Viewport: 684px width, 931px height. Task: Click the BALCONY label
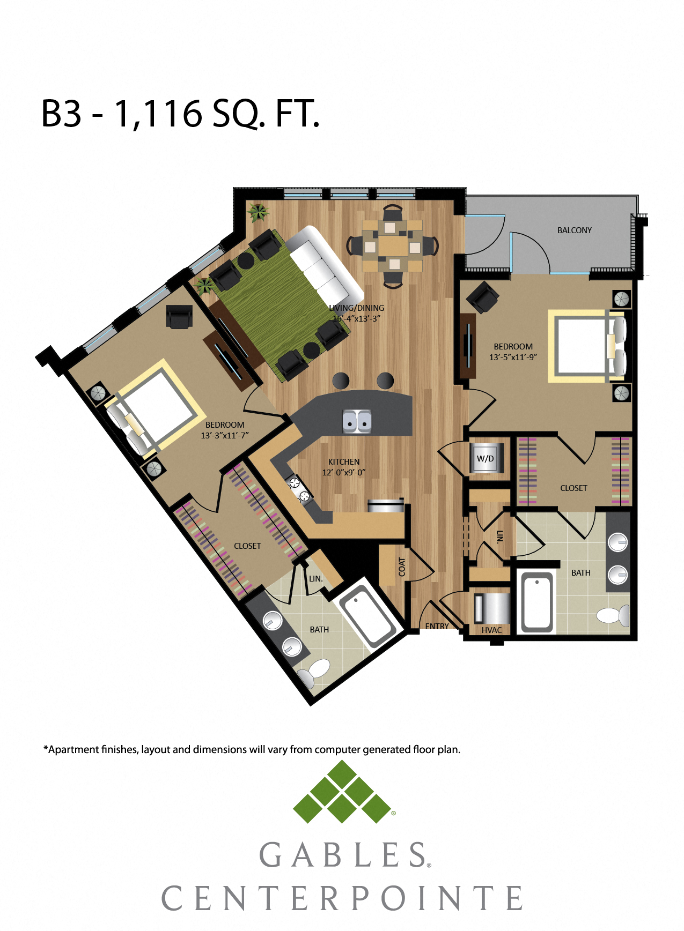[x=574, y=230]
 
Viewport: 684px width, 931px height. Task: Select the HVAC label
[x=491, y=630]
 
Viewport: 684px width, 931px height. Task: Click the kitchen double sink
[x=357, y=421]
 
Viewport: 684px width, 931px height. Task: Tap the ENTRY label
[x=437, y=626]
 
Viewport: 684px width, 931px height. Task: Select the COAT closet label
[x=402, y=567]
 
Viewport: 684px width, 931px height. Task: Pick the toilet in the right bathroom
[x=613, y=615]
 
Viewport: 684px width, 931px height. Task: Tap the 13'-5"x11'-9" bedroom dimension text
[x=513, y=357]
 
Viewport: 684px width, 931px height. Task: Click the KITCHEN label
[x=344, y=461]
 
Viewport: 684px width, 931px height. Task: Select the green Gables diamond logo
[x=342, y=792]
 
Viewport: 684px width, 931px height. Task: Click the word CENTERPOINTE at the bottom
[x=342, y=898]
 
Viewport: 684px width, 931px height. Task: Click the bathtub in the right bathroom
[x=537, y=601]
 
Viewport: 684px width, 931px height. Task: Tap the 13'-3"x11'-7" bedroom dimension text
[x=225, y=435]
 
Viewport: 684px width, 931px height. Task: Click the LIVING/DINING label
[x=356, y=308]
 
